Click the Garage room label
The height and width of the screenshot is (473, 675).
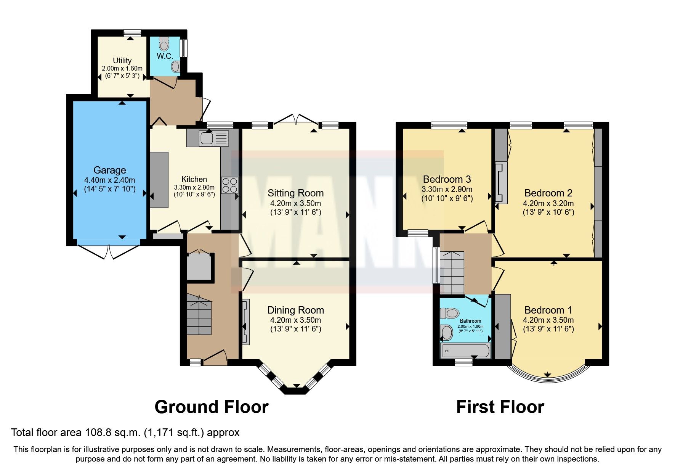click(110, 170)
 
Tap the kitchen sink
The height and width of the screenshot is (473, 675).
click(207, 138)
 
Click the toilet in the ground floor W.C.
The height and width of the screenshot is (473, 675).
click(164, 44)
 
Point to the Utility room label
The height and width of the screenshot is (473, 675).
click(122, 61)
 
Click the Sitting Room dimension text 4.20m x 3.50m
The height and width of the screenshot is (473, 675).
click(295, 203)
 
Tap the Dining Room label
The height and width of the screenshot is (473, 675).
click(295, 310)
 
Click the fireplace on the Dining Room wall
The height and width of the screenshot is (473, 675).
click(246, 322)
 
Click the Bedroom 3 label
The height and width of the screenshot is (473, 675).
click(447, 179)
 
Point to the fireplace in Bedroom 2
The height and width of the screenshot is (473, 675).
click(501, 183)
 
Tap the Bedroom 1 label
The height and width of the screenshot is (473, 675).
click(548, 310)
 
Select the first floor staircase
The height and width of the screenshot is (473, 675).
click(452, 272)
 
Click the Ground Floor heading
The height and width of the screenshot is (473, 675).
click(211, 407)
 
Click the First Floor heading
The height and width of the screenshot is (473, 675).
click(500, 407)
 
